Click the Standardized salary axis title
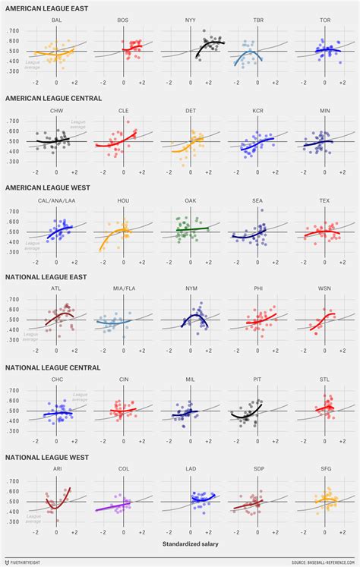[x=186, y=544]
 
